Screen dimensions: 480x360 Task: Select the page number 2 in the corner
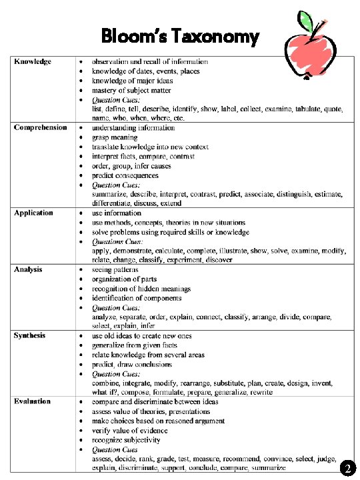pyautogui.click(x=347, y=469)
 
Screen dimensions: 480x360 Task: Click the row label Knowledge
pyautogui.click(x=33, y=62)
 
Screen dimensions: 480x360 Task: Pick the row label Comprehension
pyautogui.click(x=41, y=127)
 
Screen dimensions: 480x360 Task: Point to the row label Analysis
pyautogui.click(x=29, y=269)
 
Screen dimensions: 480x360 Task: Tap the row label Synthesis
pyautogui.click(x=30, y=335)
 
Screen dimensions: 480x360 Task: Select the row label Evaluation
pyautogui.click(x=32, y=401)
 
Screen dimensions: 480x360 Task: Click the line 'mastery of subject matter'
pyautogui.click(x=131, y=90)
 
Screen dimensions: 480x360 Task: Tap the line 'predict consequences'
pyautogui.click(x=125, y=175)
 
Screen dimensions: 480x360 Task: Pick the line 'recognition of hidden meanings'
pyautogui.click(x=141, y=289)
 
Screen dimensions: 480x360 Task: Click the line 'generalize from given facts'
pyautogui.click(x=135, y=345)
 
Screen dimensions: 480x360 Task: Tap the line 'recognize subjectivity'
pyautogui.click(x=126, y=440)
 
